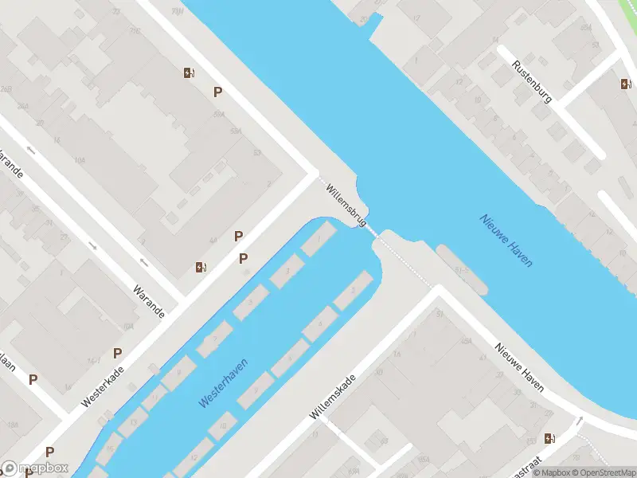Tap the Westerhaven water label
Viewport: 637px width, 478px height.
click(x=223, y=383)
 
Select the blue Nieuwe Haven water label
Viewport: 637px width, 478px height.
click(x=506, y=240)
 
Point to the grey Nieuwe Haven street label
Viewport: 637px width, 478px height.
click(x=519, y=367)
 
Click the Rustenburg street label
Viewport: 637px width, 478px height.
click(x=532, y=82)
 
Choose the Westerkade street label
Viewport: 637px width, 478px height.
click(x=104, y=388)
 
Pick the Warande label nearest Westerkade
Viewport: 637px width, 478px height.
click(x=149, y=301)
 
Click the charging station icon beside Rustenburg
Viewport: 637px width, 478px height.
click(x=626, y=84)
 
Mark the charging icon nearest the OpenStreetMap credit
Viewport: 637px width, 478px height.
click(x=549, y=437)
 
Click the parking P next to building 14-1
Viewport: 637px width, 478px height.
click(x=118, y=353)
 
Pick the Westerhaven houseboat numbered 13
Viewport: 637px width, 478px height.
click(x=132, y=422)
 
